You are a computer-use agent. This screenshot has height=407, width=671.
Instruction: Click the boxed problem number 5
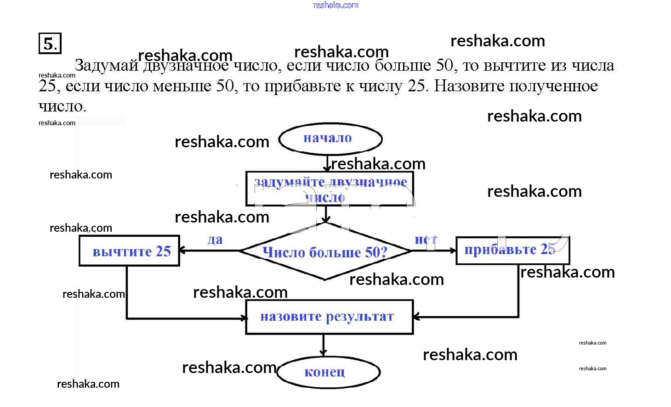point(50,44)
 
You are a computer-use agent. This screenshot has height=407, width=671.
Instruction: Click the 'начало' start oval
point(330,139)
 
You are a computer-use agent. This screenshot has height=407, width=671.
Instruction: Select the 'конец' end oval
point(328,372)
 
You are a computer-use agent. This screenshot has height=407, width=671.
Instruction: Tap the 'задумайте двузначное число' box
point(330,189)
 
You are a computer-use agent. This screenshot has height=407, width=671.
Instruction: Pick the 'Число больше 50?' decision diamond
point(325,251)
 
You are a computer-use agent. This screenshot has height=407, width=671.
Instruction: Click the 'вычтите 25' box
point(130,251)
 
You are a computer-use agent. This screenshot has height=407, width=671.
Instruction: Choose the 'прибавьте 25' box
point(512,250)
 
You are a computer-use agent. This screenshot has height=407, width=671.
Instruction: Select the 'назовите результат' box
point(329,317)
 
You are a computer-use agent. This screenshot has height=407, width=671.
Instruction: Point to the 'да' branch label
point(215,240)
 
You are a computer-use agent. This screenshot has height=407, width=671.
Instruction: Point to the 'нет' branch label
point(426,239)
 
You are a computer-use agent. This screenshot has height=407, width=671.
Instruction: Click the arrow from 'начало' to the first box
point(327,163)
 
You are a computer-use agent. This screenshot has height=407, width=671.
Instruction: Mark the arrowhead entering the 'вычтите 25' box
point(182,251)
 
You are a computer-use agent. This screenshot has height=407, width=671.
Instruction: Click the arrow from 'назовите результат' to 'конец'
point(324,345)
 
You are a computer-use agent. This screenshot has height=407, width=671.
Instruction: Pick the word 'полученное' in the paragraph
point(553,86)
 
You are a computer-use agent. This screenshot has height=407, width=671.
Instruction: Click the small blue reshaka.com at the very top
point(335,5)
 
